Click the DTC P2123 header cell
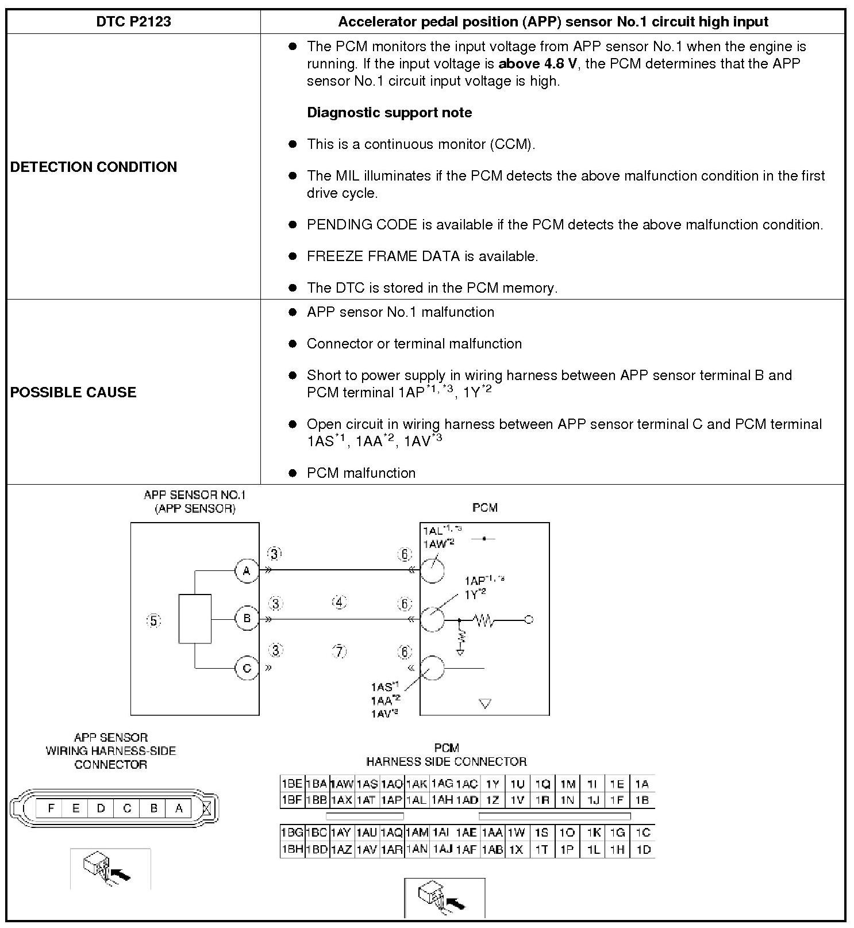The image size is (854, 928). pyautogui.click(x=133, y=22)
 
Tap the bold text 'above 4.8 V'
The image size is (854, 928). pyautogui.click(x=537, y=64)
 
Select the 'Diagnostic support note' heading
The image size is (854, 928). pyautogui.click(x=389, y=113)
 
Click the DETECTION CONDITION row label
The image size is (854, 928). pyautogui.click(x=94, y=167)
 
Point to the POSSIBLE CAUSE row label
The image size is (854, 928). pyautogui.click(x=74, y=392)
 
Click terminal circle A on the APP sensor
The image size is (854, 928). pyautogui.click(x=247, y=571)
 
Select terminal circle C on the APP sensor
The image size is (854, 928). pyautogui.click(x=247, y=669)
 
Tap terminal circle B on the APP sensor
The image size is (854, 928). pyautogui.click(x=247, y=619)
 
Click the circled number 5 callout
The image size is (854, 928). pyautogui.click(x=153, y=620)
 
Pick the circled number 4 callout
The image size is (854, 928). pyautogui.click(x=340, y=603)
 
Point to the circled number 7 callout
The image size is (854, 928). pyautogui.click(x=340, y=651)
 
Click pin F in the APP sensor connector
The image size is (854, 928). pyautogui.click(x=51, y=808)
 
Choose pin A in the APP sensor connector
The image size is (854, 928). pyautogui.click(x=179, y=808)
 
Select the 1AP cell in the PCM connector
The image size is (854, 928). pyautogui.click(x=391, y=800)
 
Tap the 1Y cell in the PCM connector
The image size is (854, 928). pyautogui.click(x=492, y=784)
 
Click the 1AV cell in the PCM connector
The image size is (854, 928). pyautogui.click(x=366, y=849)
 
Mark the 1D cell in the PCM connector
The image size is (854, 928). pyautogui.click(x=643, y=849)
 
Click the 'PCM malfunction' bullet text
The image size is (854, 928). pyautogui.click(x=361, y=473)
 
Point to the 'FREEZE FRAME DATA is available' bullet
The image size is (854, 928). pyautogui.click(x=422, y=256)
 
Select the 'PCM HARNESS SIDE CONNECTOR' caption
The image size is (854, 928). pyautogui.click(x=447, y=755)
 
